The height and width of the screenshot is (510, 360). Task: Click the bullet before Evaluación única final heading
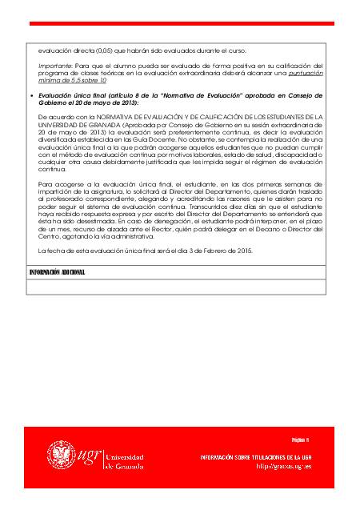(x=31, y=95)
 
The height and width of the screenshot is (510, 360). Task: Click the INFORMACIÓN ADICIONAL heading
(x=57, y=272)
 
